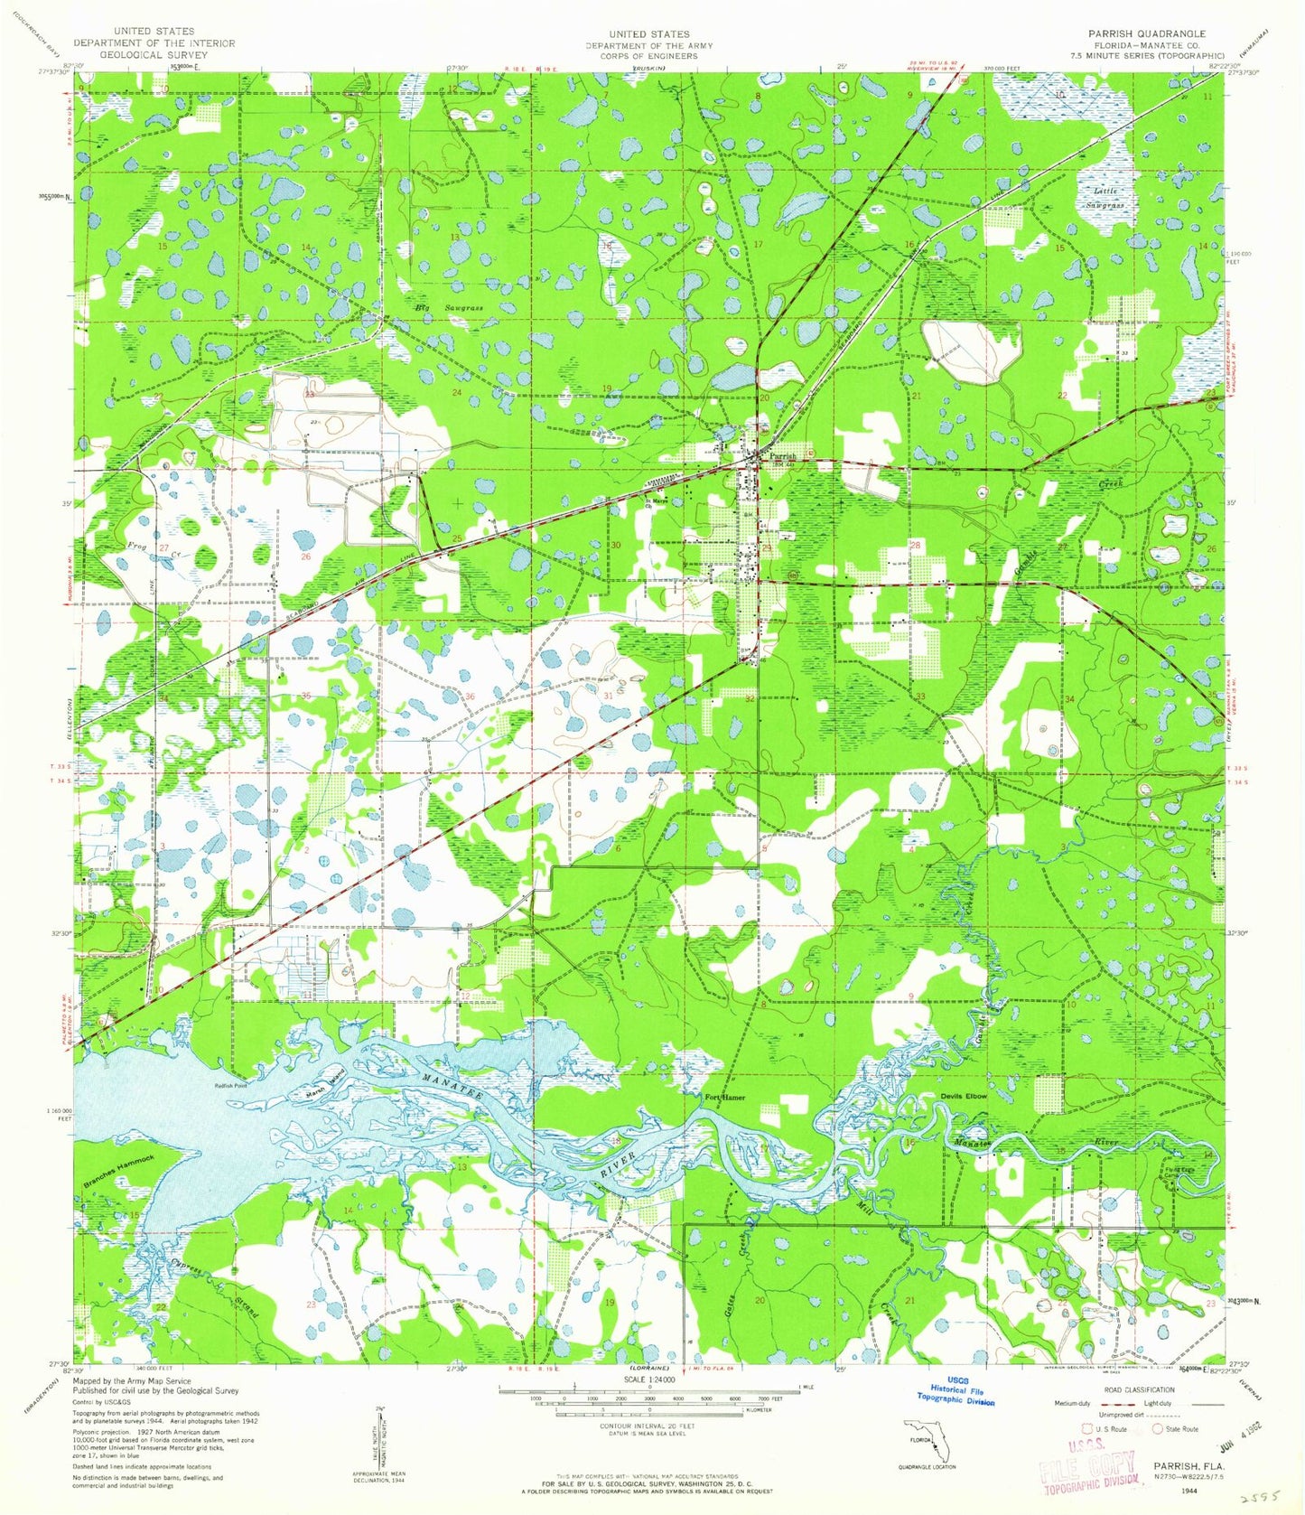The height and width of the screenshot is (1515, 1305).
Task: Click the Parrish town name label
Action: point(782,456)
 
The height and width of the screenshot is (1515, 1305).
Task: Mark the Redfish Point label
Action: point(230,1086)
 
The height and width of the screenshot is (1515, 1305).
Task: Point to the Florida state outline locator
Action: point(928,1438)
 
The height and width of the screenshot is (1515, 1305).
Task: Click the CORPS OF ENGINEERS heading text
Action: point(648,56)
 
